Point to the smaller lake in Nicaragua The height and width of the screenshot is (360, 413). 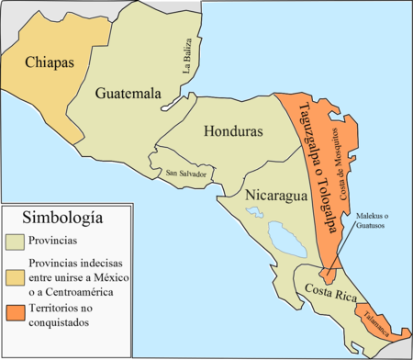[251, 213]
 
